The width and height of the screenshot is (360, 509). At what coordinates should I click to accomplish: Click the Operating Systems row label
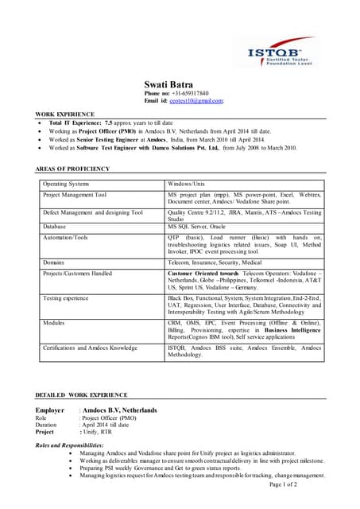pos(66,184)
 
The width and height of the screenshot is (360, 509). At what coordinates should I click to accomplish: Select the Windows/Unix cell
pos(187,184)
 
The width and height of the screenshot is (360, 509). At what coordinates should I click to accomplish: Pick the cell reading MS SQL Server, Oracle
pos(196,227)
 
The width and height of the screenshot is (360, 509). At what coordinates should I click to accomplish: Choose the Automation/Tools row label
pos(66,237)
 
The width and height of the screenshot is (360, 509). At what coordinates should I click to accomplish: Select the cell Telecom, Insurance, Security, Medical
pos(215,262)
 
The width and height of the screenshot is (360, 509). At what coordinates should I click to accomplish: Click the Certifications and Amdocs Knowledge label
pos(90,348)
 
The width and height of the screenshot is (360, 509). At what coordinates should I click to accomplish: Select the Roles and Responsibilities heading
pos(69,445)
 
